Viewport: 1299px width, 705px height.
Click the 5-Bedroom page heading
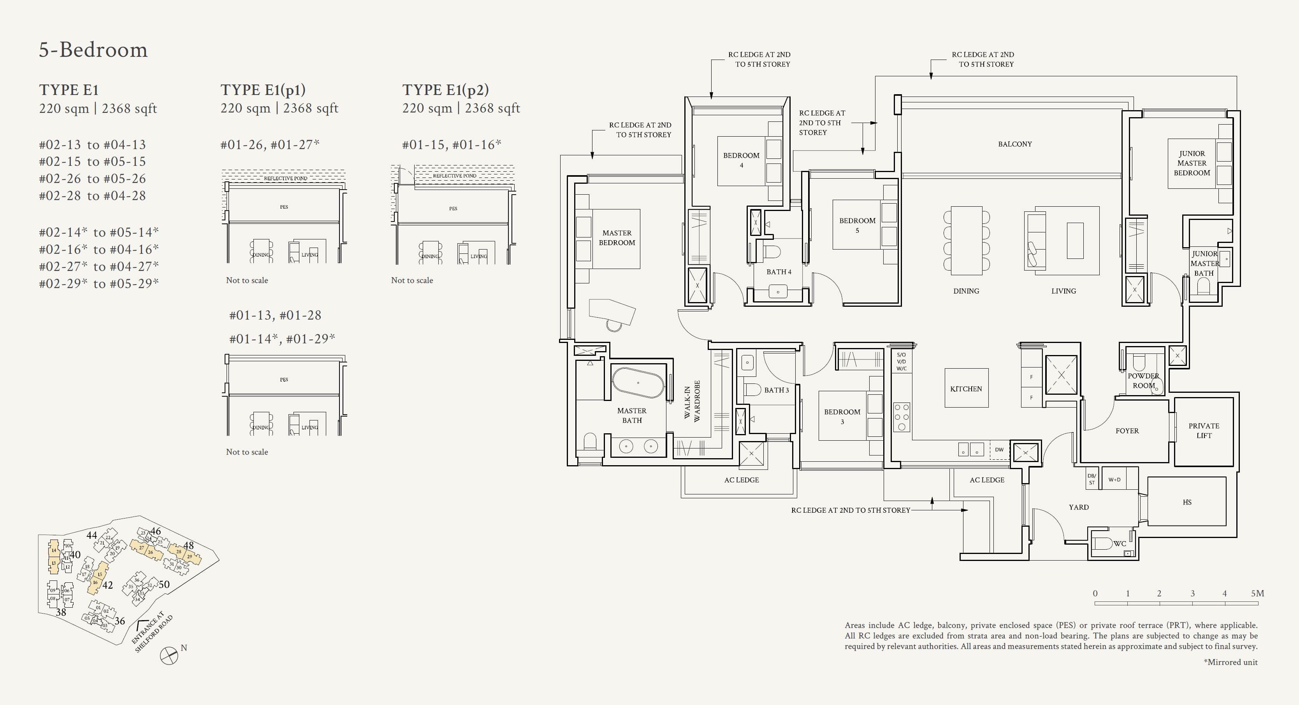93,50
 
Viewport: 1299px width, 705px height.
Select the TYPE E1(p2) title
445,90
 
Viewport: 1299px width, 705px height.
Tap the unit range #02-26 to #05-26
92,179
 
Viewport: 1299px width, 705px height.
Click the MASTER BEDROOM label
617,237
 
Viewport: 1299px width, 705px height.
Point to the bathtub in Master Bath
638,383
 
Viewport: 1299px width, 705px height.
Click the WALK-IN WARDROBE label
692,401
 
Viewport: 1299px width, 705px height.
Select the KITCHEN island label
966,389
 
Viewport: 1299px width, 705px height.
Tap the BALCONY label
1014,144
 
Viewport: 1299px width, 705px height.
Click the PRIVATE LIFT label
1204,431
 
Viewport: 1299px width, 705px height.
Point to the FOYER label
1127,431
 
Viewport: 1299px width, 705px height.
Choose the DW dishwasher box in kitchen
999,449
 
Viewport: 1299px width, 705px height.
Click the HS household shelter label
1187,502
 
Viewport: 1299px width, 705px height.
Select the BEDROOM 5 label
857,225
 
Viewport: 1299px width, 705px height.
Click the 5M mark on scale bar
1257,594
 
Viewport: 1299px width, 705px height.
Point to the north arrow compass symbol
169,655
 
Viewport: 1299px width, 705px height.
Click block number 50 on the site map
164,584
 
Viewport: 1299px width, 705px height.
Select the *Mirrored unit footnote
1230,662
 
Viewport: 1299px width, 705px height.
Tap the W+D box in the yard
1114,480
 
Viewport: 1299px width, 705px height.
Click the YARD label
1078,507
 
